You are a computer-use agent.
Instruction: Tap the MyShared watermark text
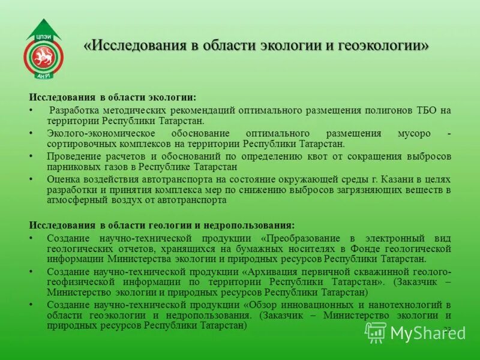click(428, 332)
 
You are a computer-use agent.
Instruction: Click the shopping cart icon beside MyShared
click(376, 332)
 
